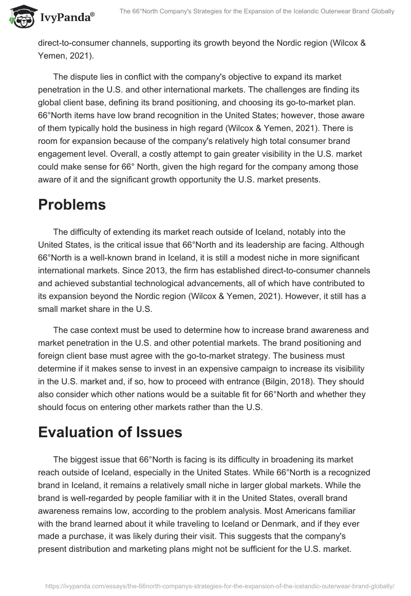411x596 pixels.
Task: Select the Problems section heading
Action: click(72, 204)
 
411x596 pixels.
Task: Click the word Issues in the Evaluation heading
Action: click(157, 432)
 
